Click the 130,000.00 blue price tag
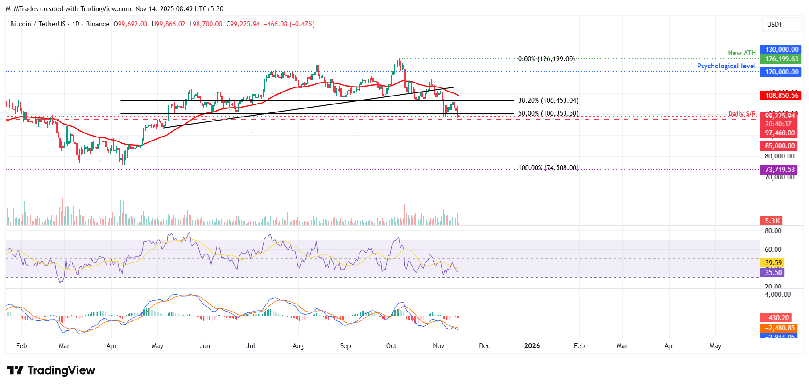click(781, 50)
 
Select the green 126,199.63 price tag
click(781, 59)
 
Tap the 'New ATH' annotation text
click(742, 53)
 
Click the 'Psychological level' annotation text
click(726, 66)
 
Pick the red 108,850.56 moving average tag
click(781, 96)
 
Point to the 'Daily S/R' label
click(742, 114)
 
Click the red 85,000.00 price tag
click(779, 146)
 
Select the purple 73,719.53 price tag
click(779, 170)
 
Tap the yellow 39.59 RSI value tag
click(773, 263)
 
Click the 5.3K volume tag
click(772, 221)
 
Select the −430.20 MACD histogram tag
click(776, 318)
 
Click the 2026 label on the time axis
click(532, 346)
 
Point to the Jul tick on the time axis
click(251, 346)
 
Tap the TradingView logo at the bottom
click(51, 370)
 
